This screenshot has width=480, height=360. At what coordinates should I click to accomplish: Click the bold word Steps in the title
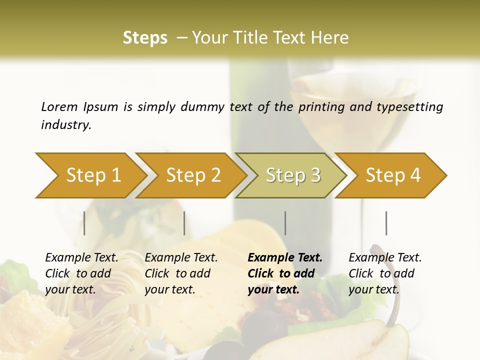(x=145, y=38)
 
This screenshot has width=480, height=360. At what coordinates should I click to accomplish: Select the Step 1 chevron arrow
(x=93, y=175)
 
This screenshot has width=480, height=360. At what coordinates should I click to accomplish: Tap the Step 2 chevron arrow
(x=193, y=175)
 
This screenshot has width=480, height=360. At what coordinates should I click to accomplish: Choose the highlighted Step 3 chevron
(x=293, y=175)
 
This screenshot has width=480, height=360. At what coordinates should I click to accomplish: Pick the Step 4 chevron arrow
(x=393, y=175)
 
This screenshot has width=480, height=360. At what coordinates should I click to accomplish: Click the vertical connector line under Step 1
(x=84, y=223)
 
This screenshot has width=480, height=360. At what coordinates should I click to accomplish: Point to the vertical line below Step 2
(x=184, y=223)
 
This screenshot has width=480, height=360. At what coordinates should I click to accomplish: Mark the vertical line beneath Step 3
(x=285, y=223)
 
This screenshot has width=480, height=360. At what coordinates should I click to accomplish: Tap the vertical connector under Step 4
(x=386, y=223)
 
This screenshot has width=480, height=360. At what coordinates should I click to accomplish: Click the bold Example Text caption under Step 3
(x=285, y=273)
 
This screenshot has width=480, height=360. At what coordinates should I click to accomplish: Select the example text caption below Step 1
(x=81, y=273)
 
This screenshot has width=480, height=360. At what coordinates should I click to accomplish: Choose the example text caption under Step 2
(x=181, y=273)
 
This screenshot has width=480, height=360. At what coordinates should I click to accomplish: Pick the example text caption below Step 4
(x=385, y=273)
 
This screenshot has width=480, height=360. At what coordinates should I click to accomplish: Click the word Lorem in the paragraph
(x=59, y=106)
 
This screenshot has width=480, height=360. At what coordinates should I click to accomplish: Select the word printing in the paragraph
(x=320, y=107)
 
